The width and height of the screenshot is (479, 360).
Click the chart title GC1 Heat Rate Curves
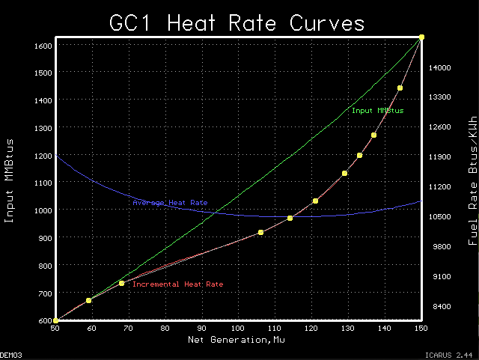pyautogui.click(x=238, y=22)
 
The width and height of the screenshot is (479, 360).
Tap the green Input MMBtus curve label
pyautogui.click(x=377, y=111)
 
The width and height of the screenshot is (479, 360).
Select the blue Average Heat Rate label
pyautogui.click(x=170, y=203)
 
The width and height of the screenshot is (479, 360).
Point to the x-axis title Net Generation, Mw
pyautogui.click(x=238, y=340)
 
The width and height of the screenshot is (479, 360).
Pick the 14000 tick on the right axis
pyautogui.click(x=439, y=67)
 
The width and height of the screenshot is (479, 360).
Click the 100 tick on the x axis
pyautogui.click(x=238, y=328)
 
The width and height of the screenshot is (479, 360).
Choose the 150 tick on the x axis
pyautogui.click(x=421, y=328)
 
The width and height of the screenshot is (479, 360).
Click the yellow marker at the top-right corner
pyautogui.click(x=421, y=37)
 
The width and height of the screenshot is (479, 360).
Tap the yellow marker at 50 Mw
pyautogui.click(x=55, y=320)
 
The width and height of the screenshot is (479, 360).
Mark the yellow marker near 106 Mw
pyautogui.click(x=260, y=233)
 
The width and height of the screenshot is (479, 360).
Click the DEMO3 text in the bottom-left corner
pyautogui.click(x=10, y=356)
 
